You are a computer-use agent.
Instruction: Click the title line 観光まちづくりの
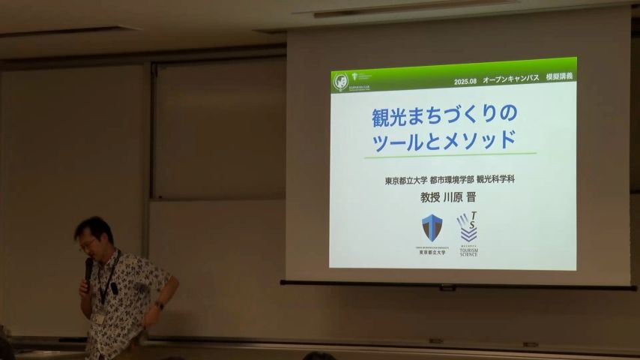(444, 116)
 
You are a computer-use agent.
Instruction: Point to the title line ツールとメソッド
(444, 139)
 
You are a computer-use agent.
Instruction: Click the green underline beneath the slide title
(450, 154)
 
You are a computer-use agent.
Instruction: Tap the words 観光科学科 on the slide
(507, 181)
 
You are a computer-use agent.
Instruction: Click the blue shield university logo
(432, 227)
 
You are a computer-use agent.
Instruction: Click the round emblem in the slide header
(341, 79)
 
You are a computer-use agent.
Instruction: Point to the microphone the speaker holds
(88, 269)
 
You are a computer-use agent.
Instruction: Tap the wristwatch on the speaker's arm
(159, 305)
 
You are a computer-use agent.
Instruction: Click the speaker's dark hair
(94, 226)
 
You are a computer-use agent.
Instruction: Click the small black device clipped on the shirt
(114, 288)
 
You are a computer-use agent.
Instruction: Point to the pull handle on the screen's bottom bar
(447, 288)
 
